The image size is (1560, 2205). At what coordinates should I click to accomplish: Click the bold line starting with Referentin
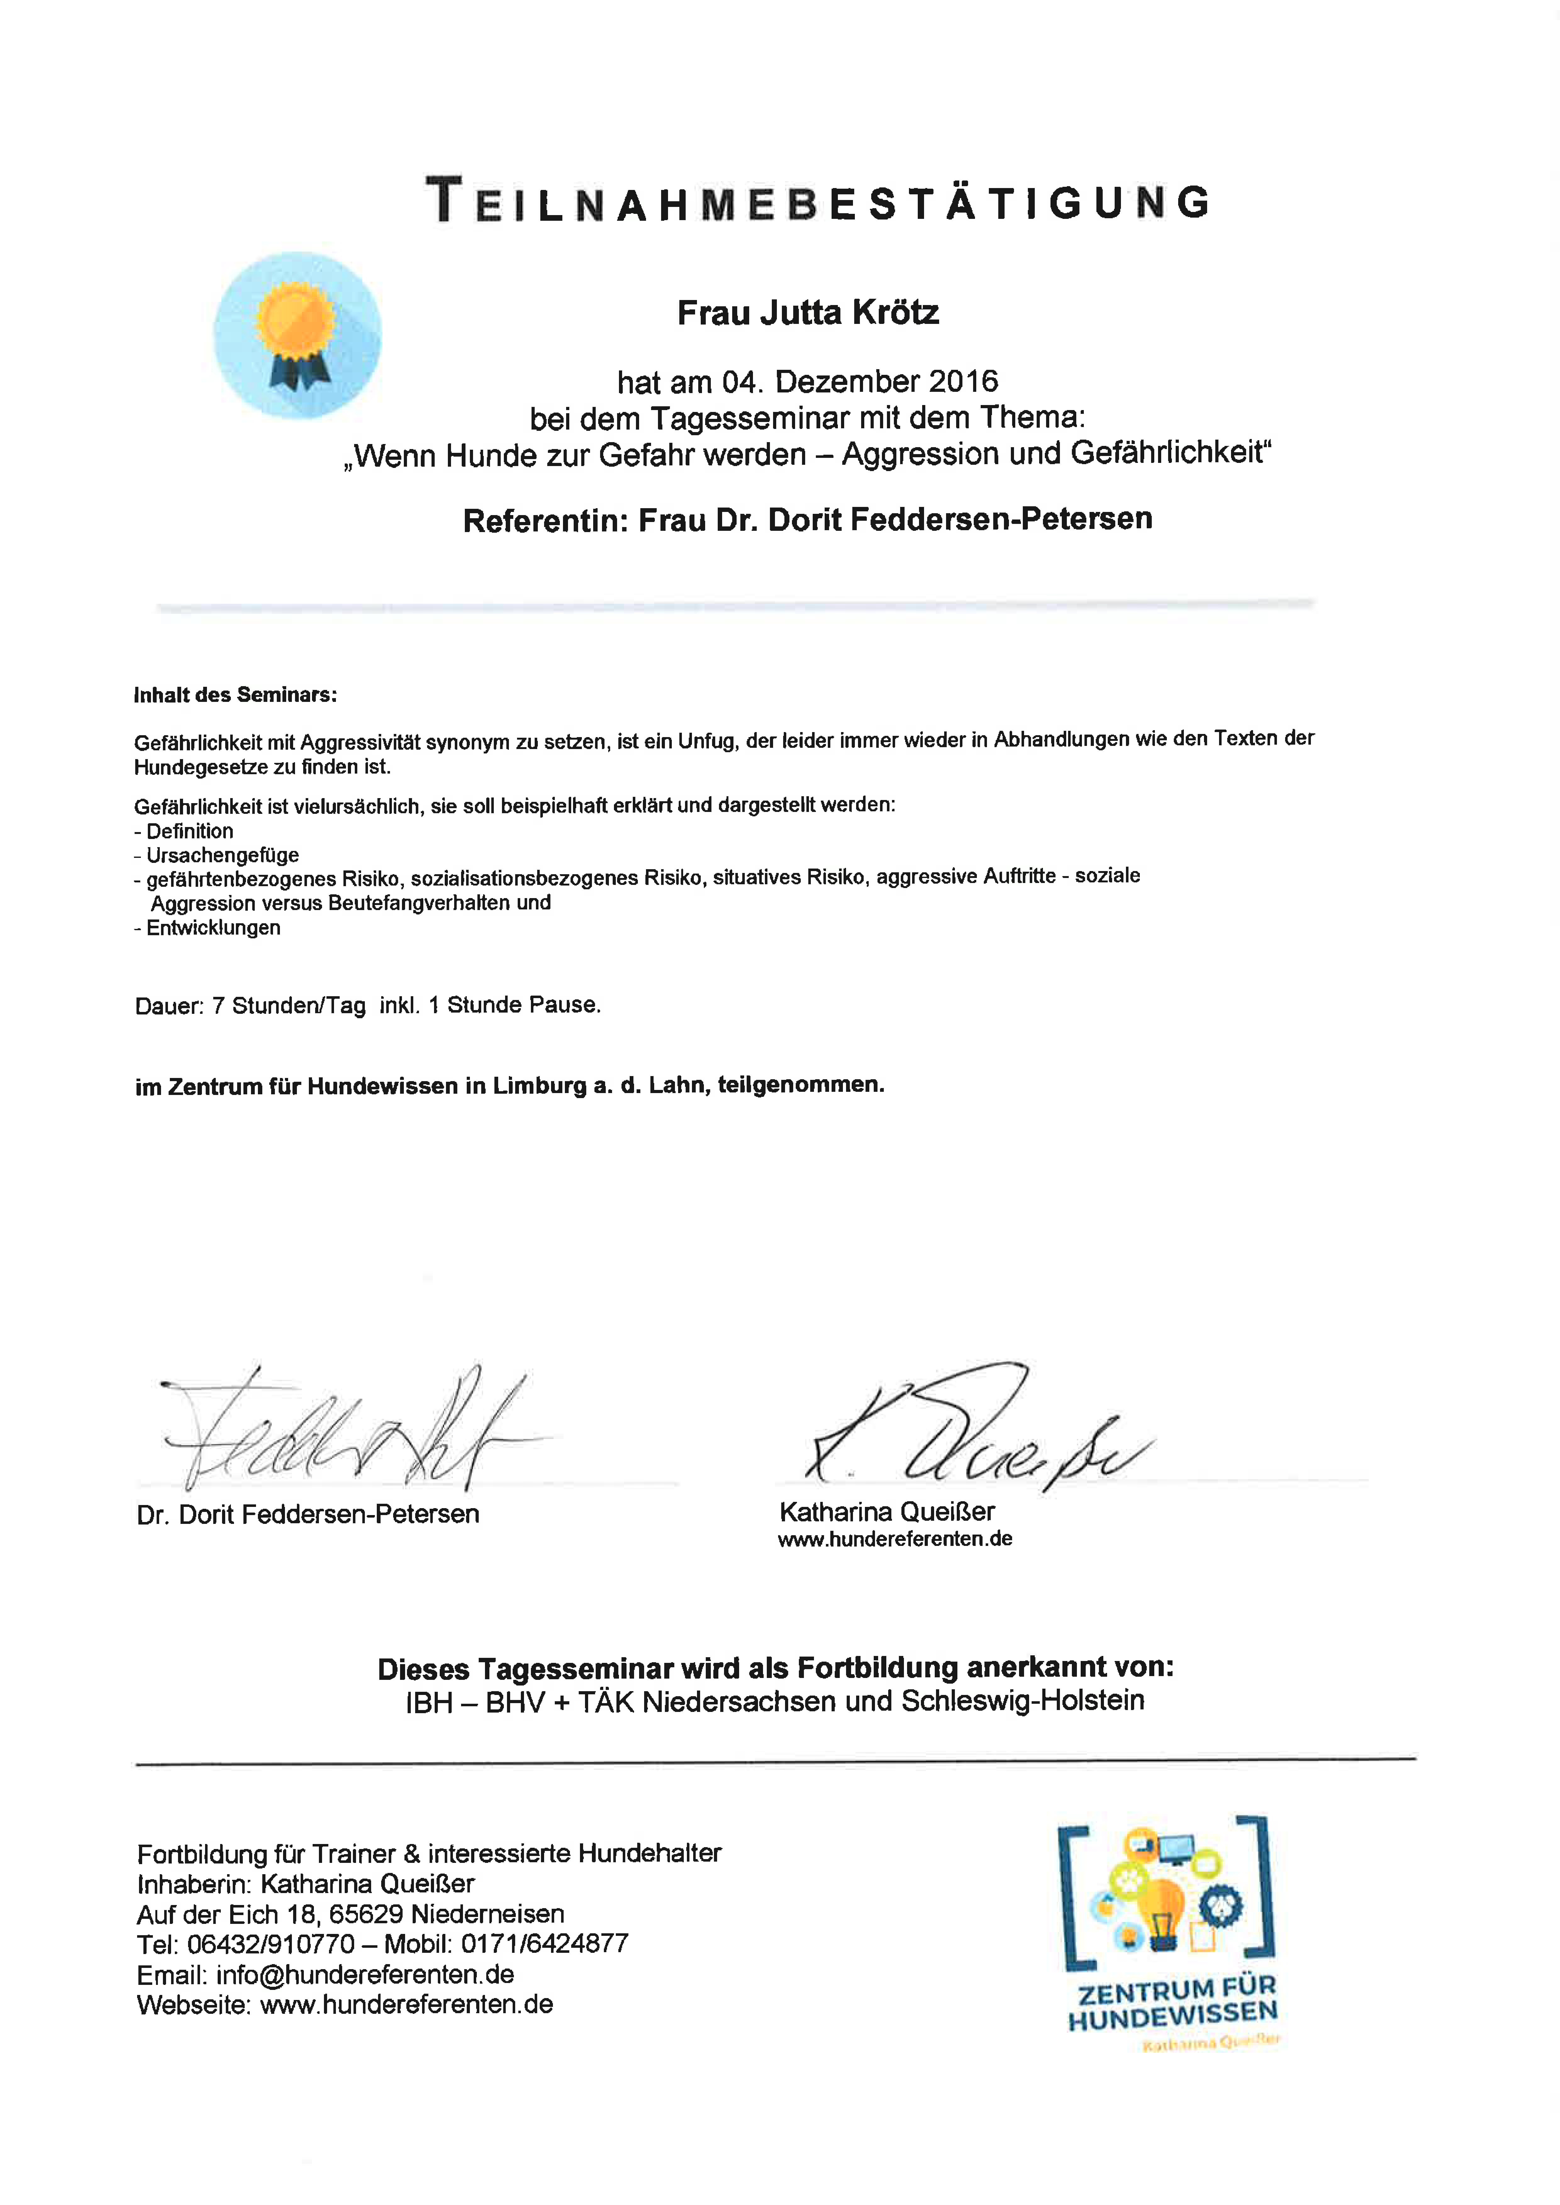[x=807, y=519]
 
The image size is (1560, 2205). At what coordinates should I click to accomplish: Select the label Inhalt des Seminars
[x=235, y=694]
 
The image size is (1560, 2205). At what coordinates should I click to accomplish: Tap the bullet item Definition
[x=189, y=831]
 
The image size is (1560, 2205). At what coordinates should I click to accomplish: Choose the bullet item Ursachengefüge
[x=222, y=855]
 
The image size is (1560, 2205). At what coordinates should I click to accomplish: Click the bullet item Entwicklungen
[x=213, y=928]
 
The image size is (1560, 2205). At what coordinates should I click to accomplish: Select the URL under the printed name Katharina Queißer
[x=894, y=1539]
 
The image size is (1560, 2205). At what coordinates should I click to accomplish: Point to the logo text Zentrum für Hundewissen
[x=1173, y=2004]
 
